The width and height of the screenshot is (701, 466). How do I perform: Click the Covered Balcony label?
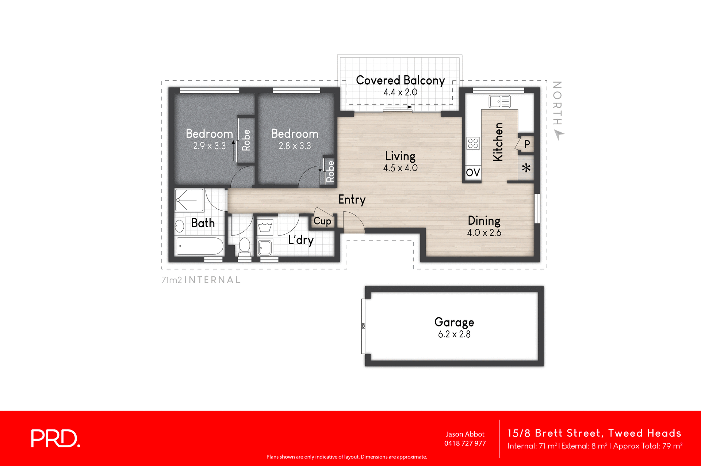(400, 80)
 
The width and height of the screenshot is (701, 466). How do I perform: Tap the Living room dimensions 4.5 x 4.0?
(400, 168)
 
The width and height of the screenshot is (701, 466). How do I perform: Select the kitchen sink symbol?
(499, 101)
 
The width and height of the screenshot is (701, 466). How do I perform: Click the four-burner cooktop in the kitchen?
(473, 143)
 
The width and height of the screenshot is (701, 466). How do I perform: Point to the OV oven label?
(473, 173)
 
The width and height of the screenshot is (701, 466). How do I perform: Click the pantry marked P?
(527, 144)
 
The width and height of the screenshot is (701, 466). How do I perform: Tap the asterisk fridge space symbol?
(526, 168)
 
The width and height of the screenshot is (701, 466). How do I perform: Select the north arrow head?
(559, 135)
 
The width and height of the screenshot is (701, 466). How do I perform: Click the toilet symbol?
(245, 246)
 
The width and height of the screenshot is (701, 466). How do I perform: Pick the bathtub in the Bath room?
(200, 246)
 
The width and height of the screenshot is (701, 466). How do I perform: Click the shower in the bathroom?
(189, 200)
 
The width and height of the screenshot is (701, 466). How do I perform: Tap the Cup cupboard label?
(322, 221)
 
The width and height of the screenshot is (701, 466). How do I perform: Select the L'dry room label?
(300, 240)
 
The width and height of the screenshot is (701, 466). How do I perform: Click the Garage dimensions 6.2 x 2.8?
(454, 334)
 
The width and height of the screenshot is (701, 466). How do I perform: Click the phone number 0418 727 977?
(465, 443)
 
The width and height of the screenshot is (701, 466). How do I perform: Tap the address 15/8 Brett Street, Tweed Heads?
(594, 433)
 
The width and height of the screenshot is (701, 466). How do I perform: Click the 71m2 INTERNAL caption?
(201, 280)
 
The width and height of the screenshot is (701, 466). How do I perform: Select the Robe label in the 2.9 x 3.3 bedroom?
(246, 140)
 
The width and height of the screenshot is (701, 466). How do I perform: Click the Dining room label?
(484, 221)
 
